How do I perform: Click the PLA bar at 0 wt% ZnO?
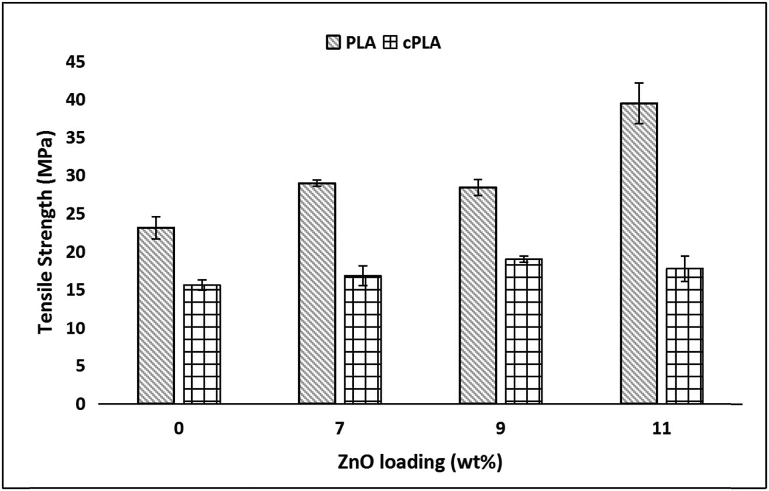[x=156, y=315]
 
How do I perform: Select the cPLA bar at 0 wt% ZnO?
[x=202, y=344]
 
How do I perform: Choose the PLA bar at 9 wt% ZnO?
[x=478, y=295]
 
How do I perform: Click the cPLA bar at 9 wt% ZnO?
[x=523, y=331]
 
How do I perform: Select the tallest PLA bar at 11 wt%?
[x=639, y=253]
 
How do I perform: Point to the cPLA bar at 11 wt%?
[x=684, y=336]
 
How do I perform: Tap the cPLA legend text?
[x=421, y=42]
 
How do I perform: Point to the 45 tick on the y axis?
[x=75, y=62]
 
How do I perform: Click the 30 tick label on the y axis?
[x=75, y=176]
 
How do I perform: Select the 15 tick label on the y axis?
[x=75, y=290]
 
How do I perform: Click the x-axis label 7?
[x=339, y=428]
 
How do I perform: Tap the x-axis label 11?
[x=661, y=428]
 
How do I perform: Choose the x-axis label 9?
[x=500, y=428]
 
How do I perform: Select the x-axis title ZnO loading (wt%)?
[x=420, y=462]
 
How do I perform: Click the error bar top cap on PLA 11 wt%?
[x=639, y=83]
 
